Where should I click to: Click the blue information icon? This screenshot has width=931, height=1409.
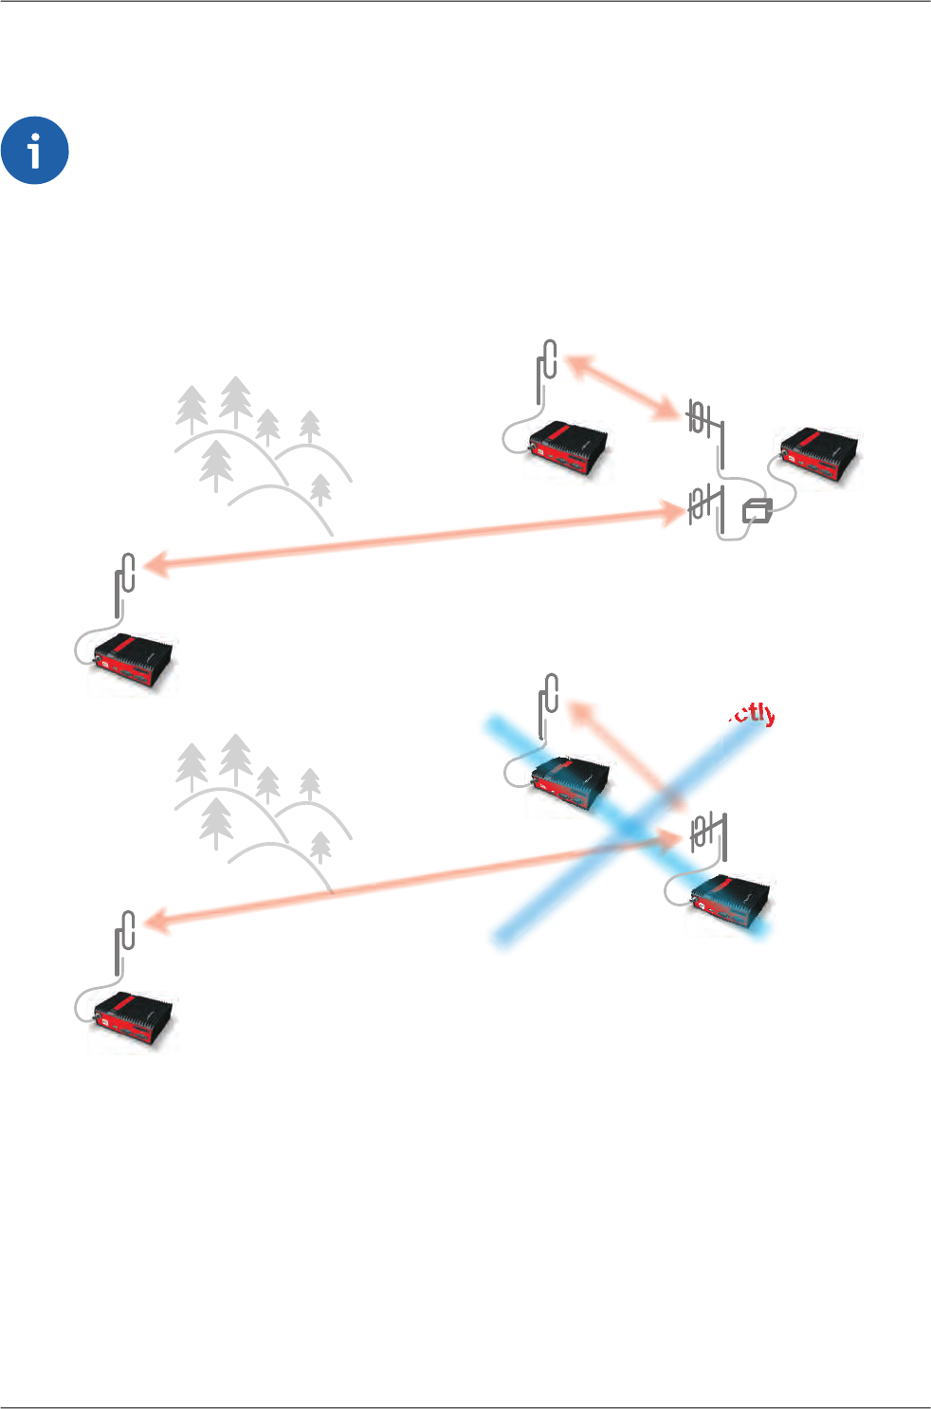[35, 152]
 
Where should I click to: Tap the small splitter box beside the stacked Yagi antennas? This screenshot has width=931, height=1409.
[758, 510]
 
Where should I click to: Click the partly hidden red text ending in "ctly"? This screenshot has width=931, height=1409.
[752, 714]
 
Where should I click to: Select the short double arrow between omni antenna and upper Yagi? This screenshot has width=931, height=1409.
[622, 387]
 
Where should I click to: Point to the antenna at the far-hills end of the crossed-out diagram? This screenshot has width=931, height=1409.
[124, 940]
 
